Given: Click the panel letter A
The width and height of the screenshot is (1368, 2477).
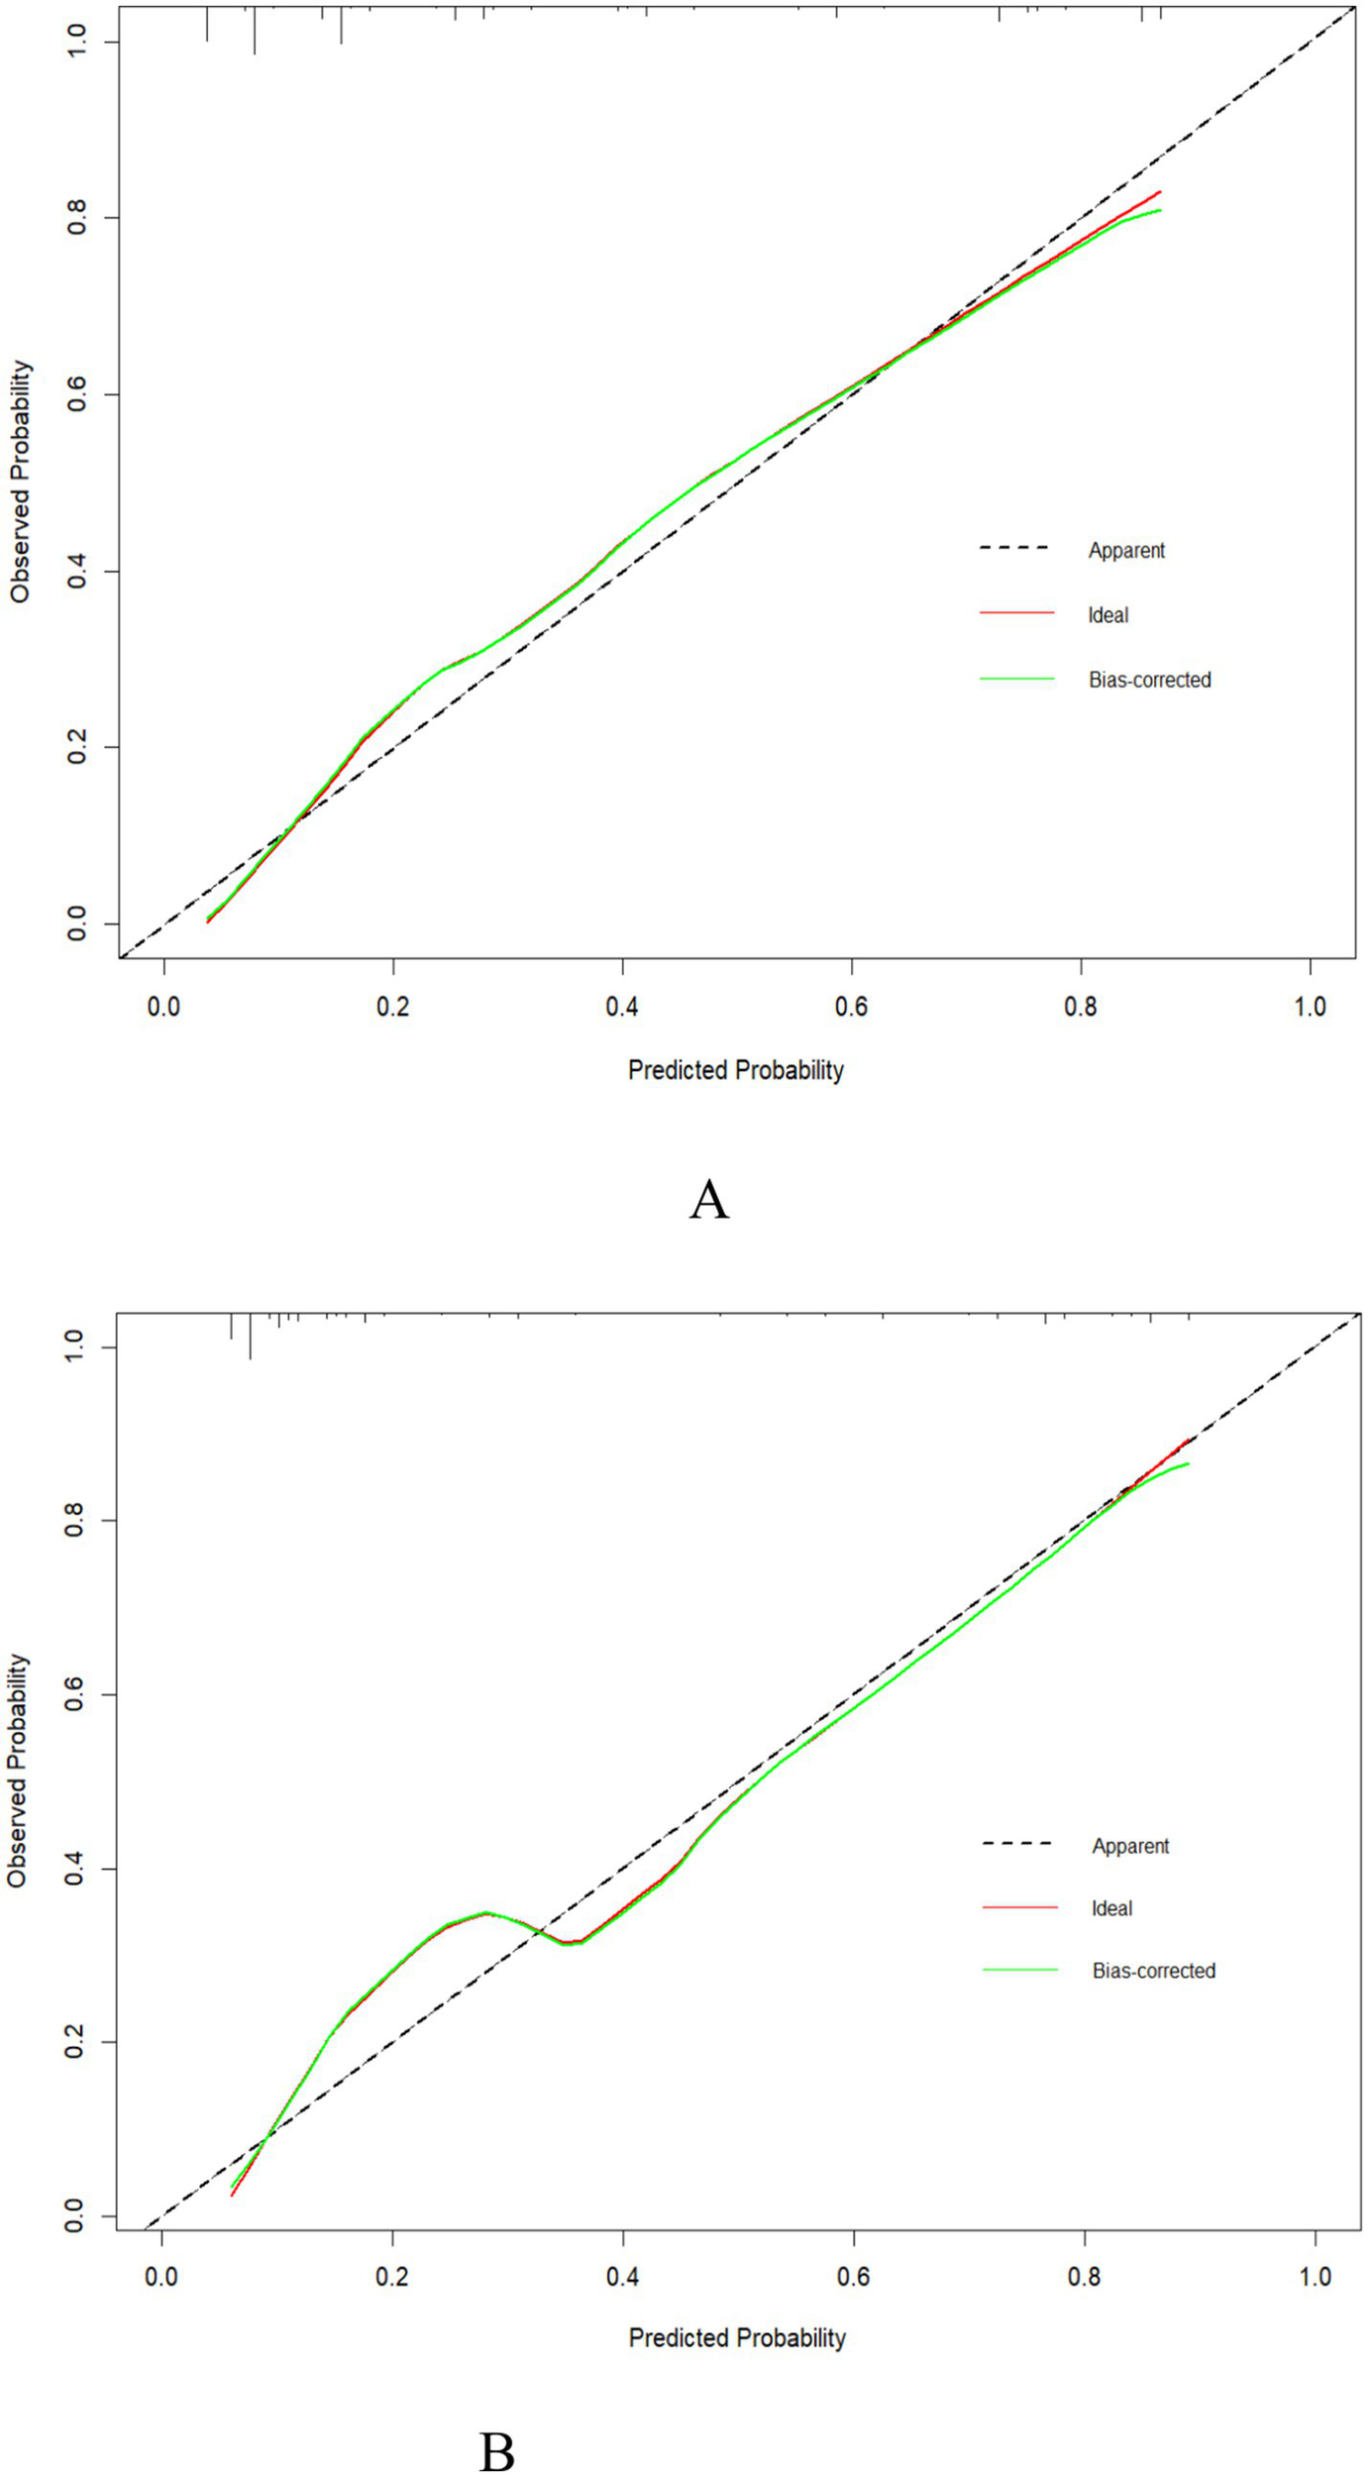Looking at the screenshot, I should click(x=709, y=1201).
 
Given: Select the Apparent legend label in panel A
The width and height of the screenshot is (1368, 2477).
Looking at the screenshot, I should click(x=1126, y=550).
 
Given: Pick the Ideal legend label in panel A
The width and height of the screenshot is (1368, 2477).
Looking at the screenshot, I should click(x=1107, y=615).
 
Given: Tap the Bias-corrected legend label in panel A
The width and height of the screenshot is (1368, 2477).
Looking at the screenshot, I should click(x=1149, y=680).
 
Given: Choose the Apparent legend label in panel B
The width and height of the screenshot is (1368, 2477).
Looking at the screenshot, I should click(x=1130, y=1846).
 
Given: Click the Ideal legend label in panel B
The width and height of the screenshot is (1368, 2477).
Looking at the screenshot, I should click(x=1111, y=1908).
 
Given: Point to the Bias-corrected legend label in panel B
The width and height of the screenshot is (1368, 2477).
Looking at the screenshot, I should click(x=1153, y=1971).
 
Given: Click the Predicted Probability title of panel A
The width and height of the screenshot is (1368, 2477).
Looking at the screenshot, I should click(x=736, y=1070).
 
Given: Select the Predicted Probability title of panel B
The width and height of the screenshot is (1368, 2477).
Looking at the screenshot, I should click(x=737, y=2338).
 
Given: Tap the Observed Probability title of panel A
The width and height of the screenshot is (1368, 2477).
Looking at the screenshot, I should click(x=21, y=482).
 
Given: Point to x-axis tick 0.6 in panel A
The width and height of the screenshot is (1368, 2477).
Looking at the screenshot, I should click(x=851, y=1007).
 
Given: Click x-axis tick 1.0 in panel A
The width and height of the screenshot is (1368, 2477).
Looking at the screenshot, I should click(x=1310, y=1007).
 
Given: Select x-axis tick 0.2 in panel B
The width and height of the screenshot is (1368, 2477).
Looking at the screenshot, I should click(x=392, y=2276).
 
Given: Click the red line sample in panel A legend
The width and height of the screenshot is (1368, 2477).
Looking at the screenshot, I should click(x=1016, y=614).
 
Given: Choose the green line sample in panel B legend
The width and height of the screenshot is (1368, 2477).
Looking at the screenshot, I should click(x=1019, y=1971).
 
